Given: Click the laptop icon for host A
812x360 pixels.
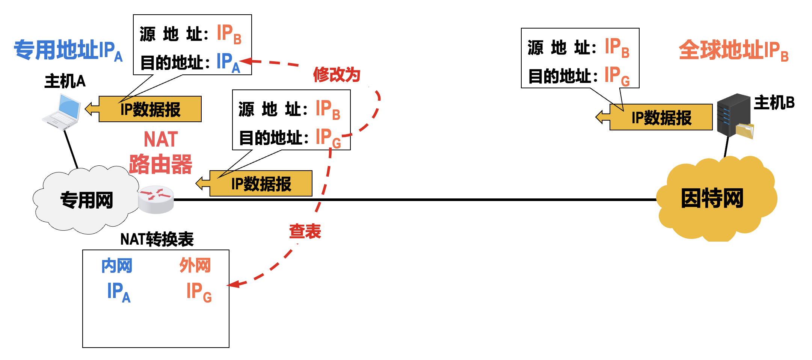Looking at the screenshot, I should coord(62,112).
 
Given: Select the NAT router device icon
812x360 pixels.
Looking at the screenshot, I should coord(156,199).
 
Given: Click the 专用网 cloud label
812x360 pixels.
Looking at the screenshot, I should coord(87,200).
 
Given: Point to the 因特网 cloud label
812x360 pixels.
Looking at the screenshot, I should coord(712,198).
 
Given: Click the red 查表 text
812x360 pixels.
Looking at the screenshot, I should coord(305,231).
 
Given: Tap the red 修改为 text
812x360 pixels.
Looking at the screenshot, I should coord(337,75).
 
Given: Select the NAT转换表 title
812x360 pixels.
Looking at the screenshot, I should coord(157,239).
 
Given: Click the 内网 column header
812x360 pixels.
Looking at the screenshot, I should coord(117,266).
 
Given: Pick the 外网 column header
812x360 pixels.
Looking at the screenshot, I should coord(195,265).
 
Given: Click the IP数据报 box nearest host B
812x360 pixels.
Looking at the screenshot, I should coord(661,118).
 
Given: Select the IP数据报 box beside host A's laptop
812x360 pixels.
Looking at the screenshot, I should coord(150,109).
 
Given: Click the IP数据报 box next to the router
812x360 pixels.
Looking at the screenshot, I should coord(261,184).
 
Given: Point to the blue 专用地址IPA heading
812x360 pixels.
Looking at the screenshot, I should coord(68,50).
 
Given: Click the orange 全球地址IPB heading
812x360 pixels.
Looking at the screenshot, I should coord(733,50).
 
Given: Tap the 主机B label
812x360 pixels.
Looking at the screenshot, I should coord(774,103).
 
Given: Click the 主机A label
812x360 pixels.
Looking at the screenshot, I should coord(65,81).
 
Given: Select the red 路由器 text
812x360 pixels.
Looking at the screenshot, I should coord(161,164).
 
